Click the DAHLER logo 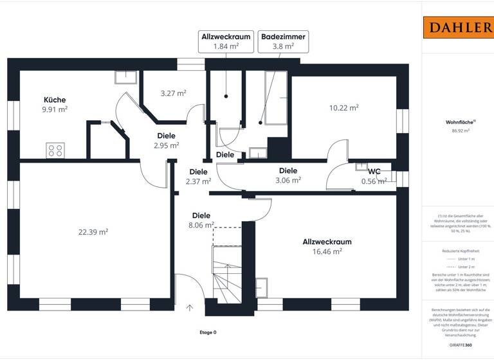coord(457,28)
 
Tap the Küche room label coord(55,100)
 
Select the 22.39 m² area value coord(94,232)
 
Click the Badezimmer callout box coord(283,41)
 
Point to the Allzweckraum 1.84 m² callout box coord(226,41)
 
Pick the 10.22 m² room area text coord(343,108)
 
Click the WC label coord(374,172)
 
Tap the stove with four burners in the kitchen coord(55,151)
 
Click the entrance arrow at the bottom coord(190,307)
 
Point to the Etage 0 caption coord(208,332)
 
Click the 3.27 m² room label coord(173,93)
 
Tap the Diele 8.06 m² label coord(201,221)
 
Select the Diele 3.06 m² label coord(288,175)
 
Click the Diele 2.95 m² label coord(166,141)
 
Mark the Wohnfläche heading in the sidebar coord(457,122)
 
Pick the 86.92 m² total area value coord(457,130)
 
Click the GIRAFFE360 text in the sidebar coord(457,345)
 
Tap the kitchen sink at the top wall coord(125,77)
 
